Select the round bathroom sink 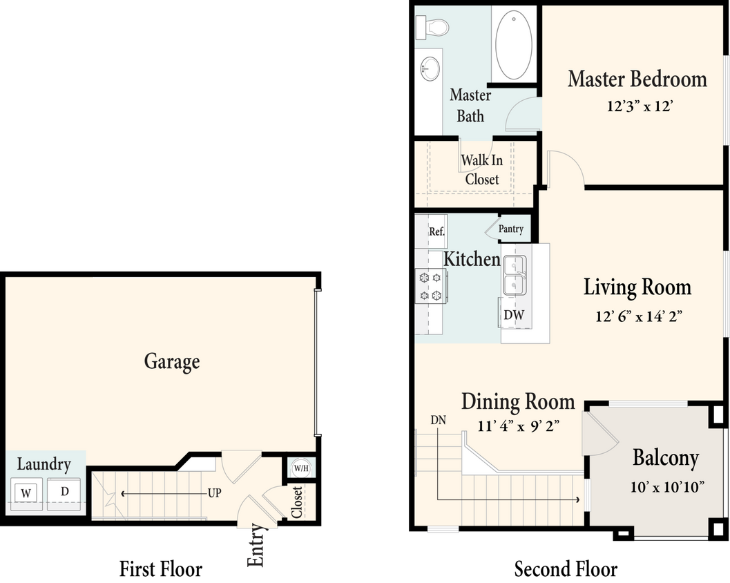429,68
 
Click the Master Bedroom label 637,79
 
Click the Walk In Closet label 481,169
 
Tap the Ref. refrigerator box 436,232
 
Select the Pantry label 510,229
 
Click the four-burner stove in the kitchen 430,286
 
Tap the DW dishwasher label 514,316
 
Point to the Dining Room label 518,401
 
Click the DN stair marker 438,419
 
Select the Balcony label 665,458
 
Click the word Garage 172,361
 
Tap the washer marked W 26,493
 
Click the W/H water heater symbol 301,468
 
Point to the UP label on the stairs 215,494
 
